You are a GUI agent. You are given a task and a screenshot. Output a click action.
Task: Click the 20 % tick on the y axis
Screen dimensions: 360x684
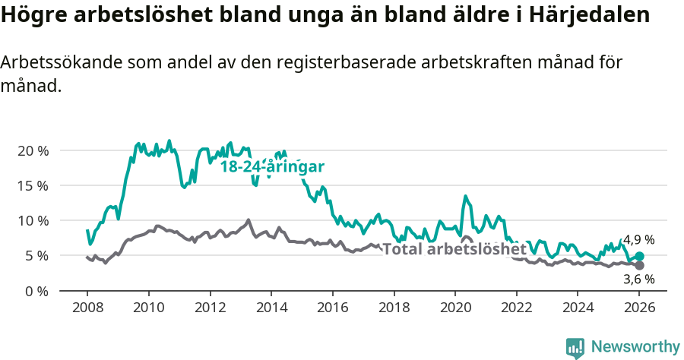coord(33,150)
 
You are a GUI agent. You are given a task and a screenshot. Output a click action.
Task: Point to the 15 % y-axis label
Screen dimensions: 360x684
coord(33,185)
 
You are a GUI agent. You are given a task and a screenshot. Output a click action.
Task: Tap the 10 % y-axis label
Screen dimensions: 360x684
coord(33,220)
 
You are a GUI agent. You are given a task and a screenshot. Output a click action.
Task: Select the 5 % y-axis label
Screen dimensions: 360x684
coord(36,256)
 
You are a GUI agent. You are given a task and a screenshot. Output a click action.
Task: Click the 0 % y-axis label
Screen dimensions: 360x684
coord(36,291)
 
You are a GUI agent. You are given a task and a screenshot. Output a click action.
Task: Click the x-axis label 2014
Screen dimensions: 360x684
coord(271,309)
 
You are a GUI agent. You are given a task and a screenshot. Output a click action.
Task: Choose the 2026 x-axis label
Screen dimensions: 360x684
coord(638,309)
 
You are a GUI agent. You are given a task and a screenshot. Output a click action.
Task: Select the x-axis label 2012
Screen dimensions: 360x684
coord(209,309)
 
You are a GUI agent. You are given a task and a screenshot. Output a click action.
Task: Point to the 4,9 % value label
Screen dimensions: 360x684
coord(638,240)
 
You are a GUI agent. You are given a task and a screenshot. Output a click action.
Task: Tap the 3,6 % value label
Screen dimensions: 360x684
coord(638,279)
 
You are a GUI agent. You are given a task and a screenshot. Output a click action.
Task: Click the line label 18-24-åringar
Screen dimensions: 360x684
coord(273,166)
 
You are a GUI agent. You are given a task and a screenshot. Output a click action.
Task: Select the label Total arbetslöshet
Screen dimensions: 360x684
coord(454,249)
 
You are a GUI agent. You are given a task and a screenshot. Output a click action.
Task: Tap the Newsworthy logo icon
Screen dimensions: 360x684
coord(575,347)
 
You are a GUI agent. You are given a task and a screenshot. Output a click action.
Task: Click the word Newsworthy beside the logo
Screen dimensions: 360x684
coord(635,347)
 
